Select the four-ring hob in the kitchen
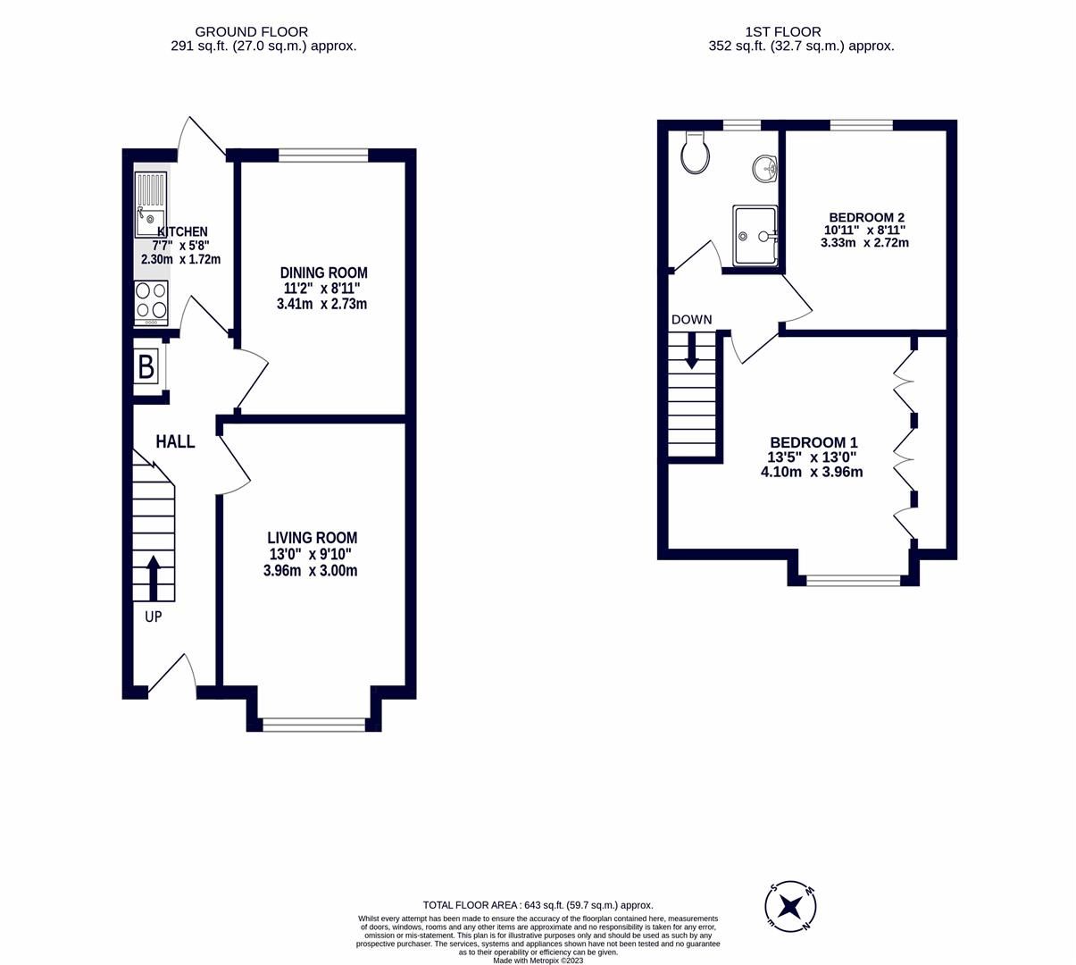click(x=151, y=302)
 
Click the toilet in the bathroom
click(x=695, y=154)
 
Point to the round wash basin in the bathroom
click(x=764, y=167)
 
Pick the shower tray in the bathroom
click(x=755, y=236)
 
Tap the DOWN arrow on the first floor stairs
click(x=692, y=350)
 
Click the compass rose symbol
click(x=790, y=907)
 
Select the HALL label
click(x=175, y=441)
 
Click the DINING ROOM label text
click(x=323, y=273)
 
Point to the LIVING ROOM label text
click(x=312, y=538)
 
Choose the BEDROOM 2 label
click(x=866, y=217)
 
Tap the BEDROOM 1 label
click(x=813, y=442)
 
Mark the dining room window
click(x=323, y=155)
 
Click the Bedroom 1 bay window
click(x=853, y=581)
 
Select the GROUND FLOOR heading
click(x=251, y=31)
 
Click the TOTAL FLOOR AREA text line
click(x=538, y=905)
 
